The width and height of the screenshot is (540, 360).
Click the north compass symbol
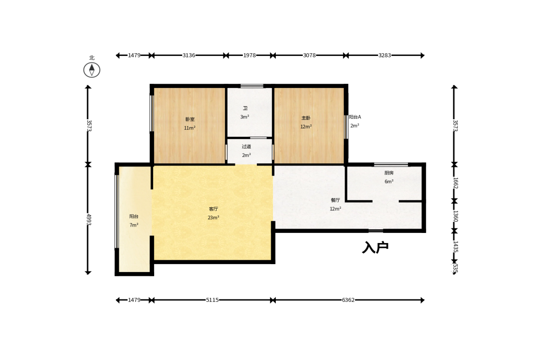click(x=92, y=70)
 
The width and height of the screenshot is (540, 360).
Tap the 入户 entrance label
click(x=375, y=247)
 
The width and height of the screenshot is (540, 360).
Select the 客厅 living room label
click(x=213, y=209)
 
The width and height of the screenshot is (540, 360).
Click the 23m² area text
click(x=213, y=217)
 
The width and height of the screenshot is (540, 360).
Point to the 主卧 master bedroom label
click(x=306, y=118)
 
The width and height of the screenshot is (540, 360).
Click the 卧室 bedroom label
click(x=190, y=119)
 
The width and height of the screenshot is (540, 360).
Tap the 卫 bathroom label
click(x=245, y=108)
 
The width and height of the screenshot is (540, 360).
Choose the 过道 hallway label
click(x=246, y=147)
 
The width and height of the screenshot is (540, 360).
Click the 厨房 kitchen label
click(x=389, y=173)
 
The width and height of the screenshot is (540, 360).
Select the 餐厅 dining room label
click(x=335, y=200)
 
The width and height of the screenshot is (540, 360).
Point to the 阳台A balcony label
click(x=355, y=117)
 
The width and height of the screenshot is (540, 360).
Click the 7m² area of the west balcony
click(x=134, y=225)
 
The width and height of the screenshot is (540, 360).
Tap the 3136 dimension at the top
click(x=189, y=55)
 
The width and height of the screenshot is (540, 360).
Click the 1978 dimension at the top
click(x=249, y=55)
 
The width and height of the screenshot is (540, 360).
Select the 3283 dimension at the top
click(x=384, y=55)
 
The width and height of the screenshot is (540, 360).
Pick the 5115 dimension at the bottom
click(x=212, y=300)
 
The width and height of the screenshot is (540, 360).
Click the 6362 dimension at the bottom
click(x=348, y=300)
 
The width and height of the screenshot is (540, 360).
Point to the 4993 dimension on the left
click(x=89, y=220)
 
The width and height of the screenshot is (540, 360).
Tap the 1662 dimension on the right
click(x=455, y=183)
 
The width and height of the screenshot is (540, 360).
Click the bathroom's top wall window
click(x=252, y=86)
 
